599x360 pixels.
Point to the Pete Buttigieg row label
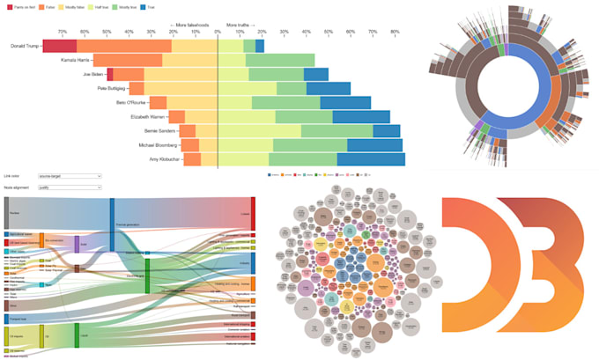(109, 88)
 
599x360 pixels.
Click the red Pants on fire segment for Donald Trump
(59, 46)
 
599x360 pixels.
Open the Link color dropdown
(70, 176)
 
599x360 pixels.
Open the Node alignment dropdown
(70, 187)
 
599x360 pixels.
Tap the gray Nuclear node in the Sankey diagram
(6, 212)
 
